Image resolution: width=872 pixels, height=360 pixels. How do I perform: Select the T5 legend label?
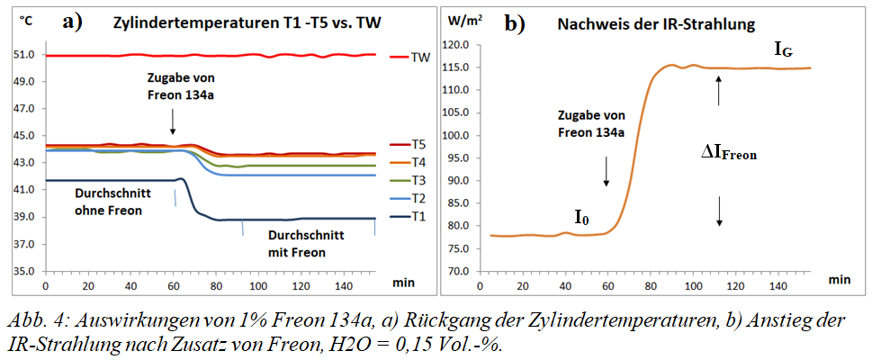[x=418, y=144]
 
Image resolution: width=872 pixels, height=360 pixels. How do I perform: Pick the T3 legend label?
[x=418, y=180]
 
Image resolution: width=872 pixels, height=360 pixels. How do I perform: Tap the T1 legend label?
[x=418, y=217]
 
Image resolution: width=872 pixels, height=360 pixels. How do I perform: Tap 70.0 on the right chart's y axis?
[x=461, y=271]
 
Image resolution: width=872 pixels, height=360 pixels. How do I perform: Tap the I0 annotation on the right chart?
[x=582, y=217]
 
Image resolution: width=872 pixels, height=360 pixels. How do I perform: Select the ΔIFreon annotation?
[x=729, y=153]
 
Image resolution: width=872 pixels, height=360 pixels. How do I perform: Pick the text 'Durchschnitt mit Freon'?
[x=294, y=243]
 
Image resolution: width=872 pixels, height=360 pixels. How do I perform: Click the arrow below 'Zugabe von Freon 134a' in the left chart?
[x=172, y=116]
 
